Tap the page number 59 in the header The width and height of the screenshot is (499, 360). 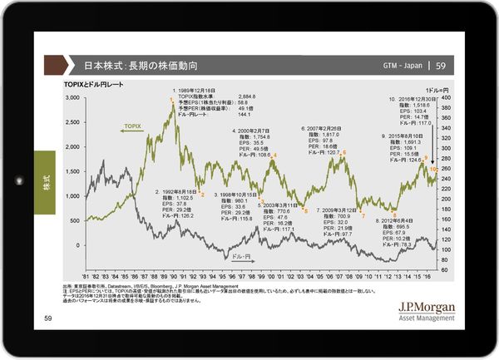click(441, 66)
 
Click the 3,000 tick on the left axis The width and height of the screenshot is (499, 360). click(72, 97)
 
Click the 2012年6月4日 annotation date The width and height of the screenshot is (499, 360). click(398, 220)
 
